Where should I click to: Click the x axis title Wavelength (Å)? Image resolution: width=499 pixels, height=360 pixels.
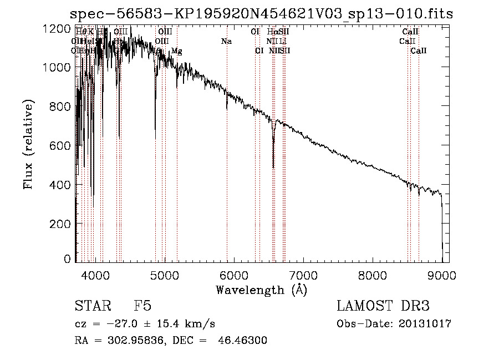pos(261,290)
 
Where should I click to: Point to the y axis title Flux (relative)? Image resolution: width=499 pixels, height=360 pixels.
pos(28,145)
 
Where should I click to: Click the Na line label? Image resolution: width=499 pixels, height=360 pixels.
pos(226,42)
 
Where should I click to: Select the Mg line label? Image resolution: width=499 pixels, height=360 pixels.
pos(176,51)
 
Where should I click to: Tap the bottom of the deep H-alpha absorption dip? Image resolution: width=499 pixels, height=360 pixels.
pos(273,167)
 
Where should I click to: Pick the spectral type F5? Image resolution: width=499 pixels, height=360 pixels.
pos(142,306)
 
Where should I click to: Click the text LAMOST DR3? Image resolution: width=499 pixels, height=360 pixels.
pos(383,306)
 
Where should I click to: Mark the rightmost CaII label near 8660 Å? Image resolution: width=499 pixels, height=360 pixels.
pos(419,51)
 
